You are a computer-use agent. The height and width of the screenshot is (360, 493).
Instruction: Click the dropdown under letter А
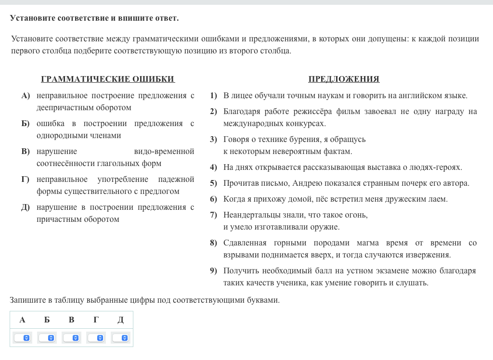[23, 338]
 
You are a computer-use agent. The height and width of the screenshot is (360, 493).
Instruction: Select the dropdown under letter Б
[47, 338]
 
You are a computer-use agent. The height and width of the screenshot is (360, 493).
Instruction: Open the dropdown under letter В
[72, 338]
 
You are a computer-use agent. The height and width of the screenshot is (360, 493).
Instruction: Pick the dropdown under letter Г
[96, 338]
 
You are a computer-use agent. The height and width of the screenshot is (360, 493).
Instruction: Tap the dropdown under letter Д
[120, 338]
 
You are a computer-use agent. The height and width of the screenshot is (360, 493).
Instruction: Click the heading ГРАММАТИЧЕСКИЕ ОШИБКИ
[107, 79]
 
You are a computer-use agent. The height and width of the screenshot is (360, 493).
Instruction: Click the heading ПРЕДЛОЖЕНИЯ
[344, 79]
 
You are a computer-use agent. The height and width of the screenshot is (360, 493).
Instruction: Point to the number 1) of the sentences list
[213, 96]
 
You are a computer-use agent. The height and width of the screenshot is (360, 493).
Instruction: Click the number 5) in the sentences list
[213, 183]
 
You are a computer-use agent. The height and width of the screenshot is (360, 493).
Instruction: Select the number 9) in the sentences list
[213, 271]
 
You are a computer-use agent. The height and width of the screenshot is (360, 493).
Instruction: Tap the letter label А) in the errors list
[26, 96]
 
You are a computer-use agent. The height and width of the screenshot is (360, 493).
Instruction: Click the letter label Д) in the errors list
[26, 207]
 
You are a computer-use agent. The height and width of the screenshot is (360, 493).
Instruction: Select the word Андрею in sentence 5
[306, 183]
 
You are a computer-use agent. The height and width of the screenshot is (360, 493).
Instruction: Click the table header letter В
[71, 320]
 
